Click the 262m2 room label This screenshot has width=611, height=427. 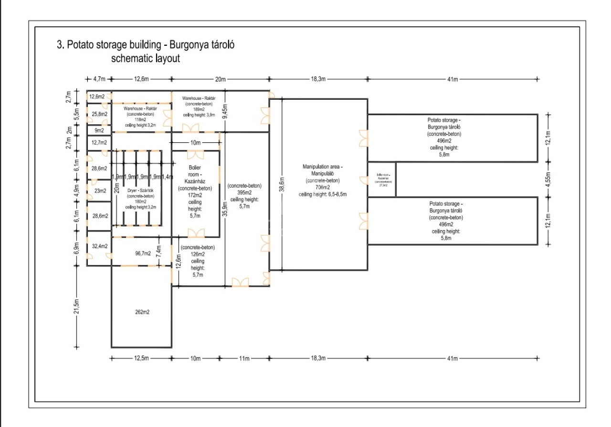click(x=141, y=312)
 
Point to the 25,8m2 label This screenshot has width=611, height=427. click(x=100, y=114)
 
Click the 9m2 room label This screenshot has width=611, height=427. click(x=100, y=130)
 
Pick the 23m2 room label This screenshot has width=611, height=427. click(x=100, y=191)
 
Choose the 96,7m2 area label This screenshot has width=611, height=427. click(x=143, y=253)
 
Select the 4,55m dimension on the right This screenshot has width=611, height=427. click(x=548, y=179)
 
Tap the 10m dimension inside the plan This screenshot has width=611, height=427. click(x=195, y=143)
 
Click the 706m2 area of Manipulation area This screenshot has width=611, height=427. click(x=322, y=188)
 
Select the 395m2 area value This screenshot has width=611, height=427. click(x=244, y=192)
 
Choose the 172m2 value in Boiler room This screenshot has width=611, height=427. click(x=195, y=196)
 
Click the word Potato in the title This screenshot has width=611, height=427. click(x=81, y=45)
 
